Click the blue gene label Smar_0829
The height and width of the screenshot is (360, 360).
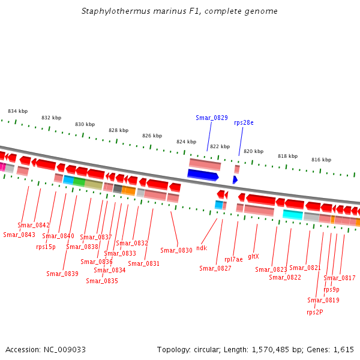click(x=211, y=118)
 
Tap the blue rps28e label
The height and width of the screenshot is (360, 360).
click(x=244, y=122)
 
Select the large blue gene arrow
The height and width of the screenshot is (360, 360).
click(x=203, y=175)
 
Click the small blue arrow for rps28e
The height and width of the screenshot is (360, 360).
click(x=235, y=179)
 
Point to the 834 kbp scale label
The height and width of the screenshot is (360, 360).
click(x=17, y=111)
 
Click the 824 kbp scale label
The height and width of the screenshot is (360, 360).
click(x=186, y=142)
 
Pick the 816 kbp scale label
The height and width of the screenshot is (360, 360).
click(x=321, y=160)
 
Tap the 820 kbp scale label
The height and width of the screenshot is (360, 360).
click(x=253, y=151)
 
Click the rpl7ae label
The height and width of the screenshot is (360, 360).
click(x=233, y=259)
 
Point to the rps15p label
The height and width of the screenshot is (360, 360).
click(x=46, y=246)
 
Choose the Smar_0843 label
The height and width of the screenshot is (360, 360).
click(x=19, y=235)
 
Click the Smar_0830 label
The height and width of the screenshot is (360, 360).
click(x=176, y=250)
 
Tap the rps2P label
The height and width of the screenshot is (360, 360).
click(x=314, y=311)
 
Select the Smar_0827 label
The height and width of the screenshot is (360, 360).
click(x=215, y=268)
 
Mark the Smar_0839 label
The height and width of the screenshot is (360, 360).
click(x=62, y=274)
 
